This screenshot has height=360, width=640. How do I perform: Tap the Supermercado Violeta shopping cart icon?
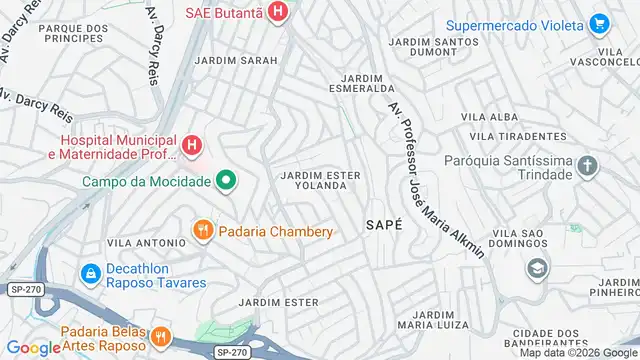click(x=599, y=22)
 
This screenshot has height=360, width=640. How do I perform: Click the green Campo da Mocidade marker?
click(x=227, y=181)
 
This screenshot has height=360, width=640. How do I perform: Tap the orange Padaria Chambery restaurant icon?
click(x=202, y=231)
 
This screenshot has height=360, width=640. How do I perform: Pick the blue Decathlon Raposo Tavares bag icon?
click(x=90, y=272)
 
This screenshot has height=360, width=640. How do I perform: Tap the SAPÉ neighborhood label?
click(x=384, y=225)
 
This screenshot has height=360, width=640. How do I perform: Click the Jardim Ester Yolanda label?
click(x=320, y=180)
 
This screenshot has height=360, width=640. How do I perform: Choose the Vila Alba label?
click(x=487, y=117)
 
